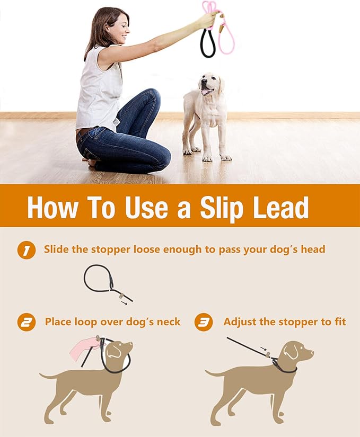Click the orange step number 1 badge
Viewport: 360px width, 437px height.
click(26, 249)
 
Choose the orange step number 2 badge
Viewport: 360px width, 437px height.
click(26, 322)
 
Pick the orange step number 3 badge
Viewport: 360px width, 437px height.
click(204, 322)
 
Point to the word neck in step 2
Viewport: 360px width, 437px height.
click(167, 322)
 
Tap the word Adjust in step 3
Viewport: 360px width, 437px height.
click(240, 322)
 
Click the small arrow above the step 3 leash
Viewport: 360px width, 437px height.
click(264, 349)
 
